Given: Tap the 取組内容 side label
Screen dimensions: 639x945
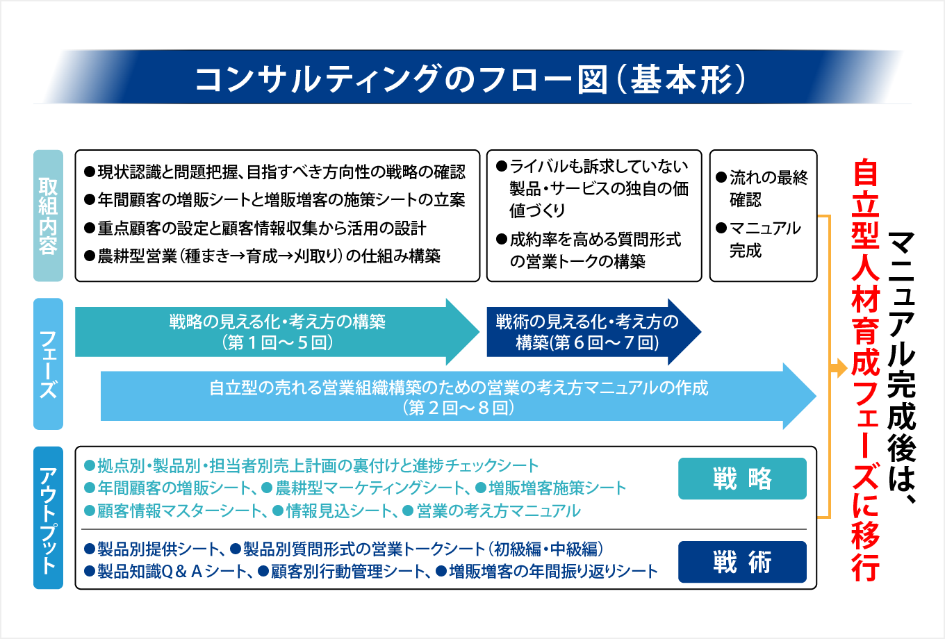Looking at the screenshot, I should [x=48, y=215].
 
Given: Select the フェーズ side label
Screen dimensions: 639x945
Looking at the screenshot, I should [x=48, y=364].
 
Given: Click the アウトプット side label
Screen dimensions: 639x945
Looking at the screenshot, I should [x=48, y=518].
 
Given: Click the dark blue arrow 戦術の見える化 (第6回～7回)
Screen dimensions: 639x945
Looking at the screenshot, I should [x=587, y=332].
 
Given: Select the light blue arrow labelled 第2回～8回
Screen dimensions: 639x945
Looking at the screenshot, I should [x=459, y=397].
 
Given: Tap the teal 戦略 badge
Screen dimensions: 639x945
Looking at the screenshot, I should [x=742, y=479].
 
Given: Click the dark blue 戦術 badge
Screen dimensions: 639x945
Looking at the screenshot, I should [x=742, y=562].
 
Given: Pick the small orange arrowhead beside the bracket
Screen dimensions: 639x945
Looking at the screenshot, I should [x=839, y=368].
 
